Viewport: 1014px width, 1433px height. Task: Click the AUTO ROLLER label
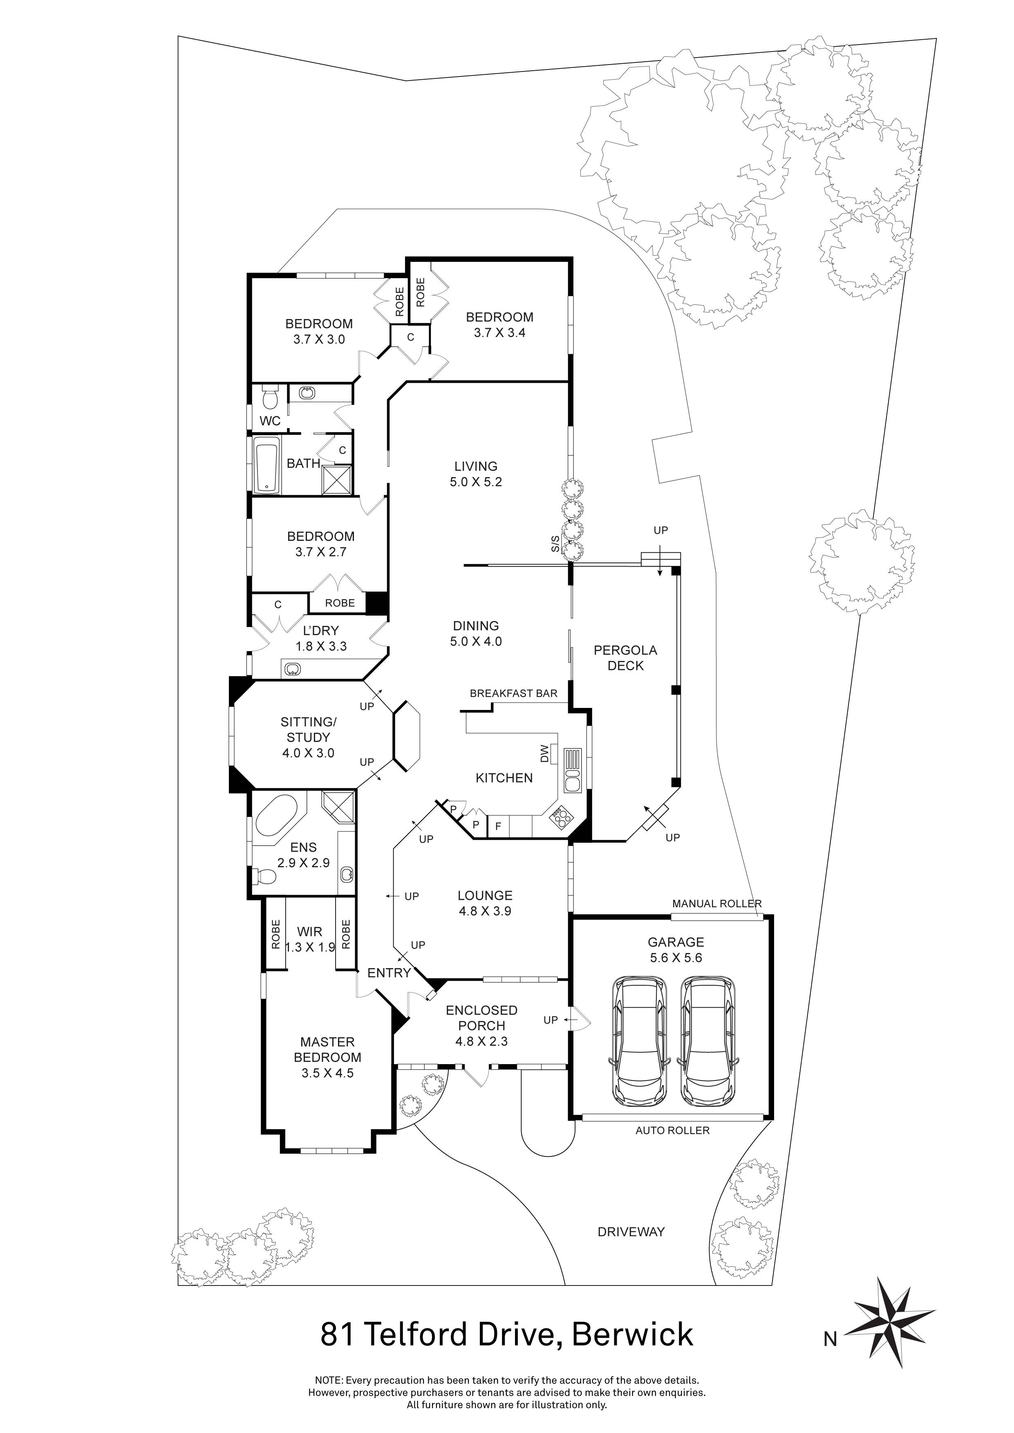pyautogui.click(x=672, y=1130)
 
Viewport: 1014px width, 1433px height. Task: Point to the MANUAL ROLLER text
pyautogui.click(x=716, y=903)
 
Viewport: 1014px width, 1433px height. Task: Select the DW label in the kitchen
pyautogui.click(x=544, y=753)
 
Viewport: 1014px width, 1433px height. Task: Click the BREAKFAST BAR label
pyautogui.click(x=513, y=693)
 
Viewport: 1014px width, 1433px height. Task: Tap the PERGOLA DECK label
pyautogui.click(x=625, y=658)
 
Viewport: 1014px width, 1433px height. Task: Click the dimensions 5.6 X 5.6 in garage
pyautogui.click(x=676, y=958)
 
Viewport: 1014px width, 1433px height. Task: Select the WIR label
pyautogui.click(x=310, y=931)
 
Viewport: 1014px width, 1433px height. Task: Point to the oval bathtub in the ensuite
pyautogui.click(x=277, y=816)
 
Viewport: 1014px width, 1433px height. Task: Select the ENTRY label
pyautogui.click(x=388, y=972)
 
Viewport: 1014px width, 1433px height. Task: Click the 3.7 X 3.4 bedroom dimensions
pyautogui.click(x=499, y=333)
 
